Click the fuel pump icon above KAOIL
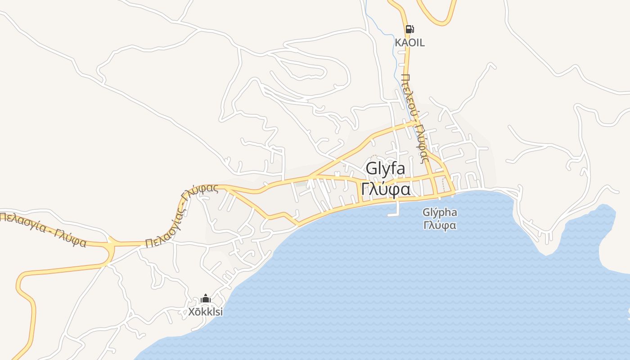pyautogui.click(x=409, y=30)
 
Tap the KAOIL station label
pyautogui.click(x=409, y=43)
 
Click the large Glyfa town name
pyautogui.click(x=385, y=169)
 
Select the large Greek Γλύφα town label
pyautogui.click(x=386, y=189)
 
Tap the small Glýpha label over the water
pyautogui.click(x=440, y=212)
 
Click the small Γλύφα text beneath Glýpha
pyautogui.click(x=440, y=225)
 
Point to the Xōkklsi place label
pyautogui.click(x=206, y=311)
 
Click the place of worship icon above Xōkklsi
pyautogui.click(x=206, y=298)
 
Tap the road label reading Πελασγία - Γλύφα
pyautogui.click(x=43, y=230)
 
